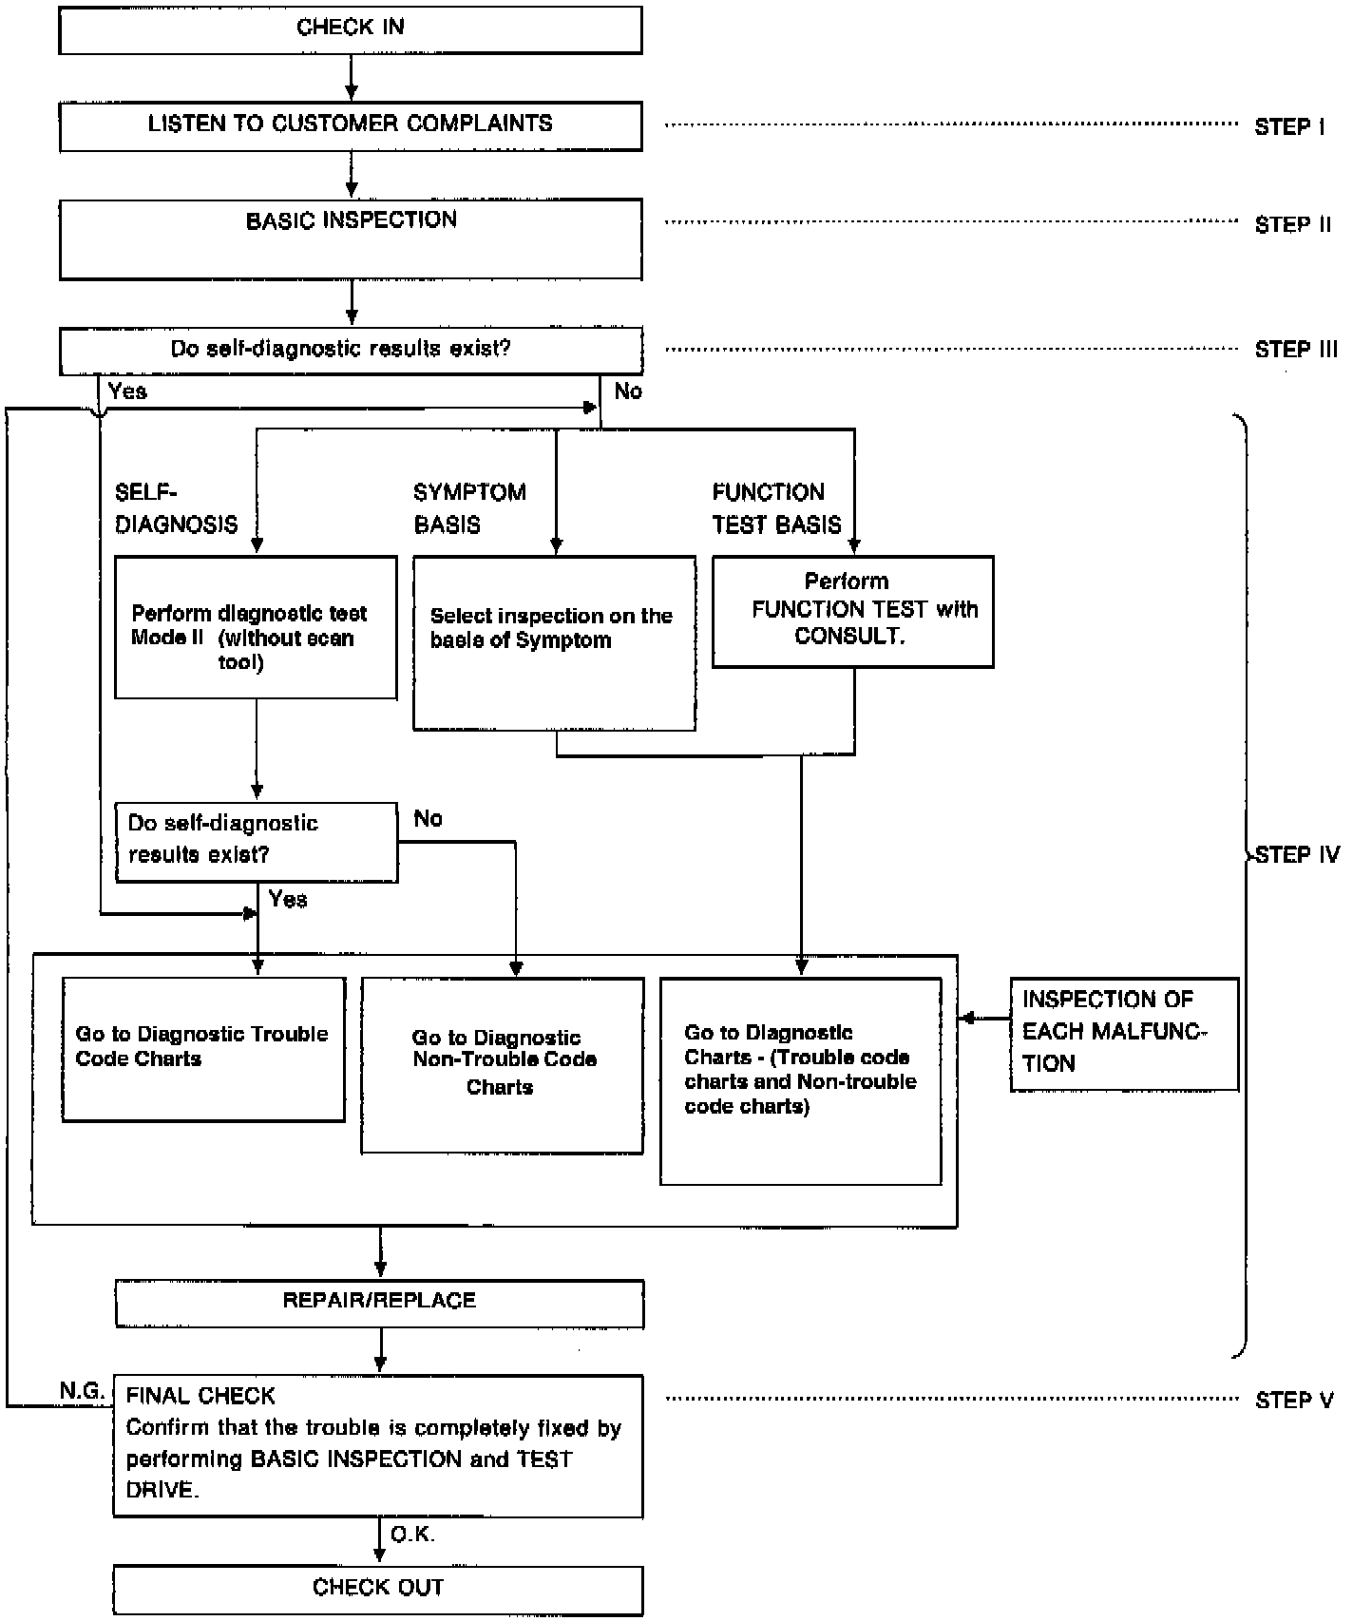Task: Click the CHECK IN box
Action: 351,29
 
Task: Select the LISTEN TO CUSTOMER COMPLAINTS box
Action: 351,126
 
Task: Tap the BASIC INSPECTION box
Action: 351,238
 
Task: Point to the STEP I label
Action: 1289,127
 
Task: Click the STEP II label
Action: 1293,225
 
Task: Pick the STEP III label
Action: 1296,350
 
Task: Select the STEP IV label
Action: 1297,855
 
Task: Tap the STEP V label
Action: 1294,1401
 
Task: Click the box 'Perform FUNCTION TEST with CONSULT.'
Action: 853,612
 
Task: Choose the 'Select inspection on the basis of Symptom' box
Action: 554,643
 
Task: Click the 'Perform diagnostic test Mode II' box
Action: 256,628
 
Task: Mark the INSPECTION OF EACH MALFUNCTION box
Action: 1124,1034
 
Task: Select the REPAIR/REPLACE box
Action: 379,1304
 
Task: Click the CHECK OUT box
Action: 378,1590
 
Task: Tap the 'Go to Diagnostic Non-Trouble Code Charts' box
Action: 503,1066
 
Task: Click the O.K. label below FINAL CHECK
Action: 413,1534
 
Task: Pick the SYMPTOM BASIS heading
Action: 469,508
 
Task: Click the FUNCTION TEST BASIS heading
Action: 777,508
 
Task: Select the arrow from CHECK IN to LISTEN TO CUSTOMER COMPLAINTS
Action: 352,78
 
